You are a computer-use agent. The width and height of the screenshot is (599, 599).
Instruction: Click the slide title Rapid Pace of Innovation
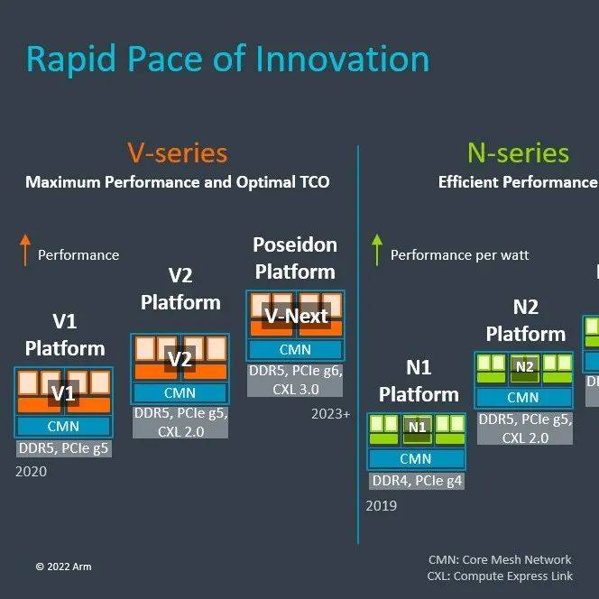coord(227,59)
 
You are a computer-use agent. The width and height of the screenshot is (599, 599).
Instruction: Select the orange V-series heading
coord(177,152)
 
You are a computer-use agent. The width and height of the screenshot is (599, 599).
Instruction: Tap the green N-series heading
coord(518,152)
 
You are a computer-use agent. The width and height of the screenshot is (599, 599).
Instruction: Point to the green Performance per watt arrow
coord(377,250)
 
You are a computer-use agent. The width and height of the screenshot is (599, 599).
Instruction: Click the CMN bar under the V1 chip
coord(63,426)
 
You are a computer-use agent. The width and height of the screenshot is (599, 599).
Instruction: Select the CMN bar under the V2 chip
coord(180,392)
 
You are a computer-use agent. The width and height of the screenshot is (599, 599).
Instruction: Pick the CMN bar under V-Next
coord(295,350)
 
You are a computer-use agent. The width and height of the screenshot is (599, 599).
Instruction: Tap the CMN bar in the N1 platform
coord(416,459)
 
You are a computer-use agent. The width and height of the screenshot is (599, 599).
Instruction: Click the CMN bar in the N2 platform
coord(522,397)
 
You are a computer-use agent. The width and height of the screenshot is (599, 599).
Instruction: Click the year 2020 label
coord(31,471)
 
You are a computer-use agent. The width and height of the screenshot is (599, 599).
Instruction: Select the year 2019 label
coord(381,506)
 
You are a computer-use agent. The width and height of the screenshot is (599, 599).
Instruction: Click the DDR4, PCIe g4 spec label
coord(416,481)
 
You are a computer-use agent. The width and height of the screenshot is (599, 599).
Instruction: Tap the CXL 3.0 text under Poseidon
coord(295,388)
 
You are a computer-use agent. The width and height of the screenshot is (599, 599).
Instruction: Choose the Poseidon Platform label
coord(295,258)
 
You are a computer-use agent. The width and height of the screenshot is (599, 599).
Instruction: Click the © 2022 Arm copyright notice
coord(63,567)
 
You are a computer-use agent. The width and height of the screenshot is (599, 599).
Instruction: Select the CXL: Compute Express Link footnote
coord(500,576)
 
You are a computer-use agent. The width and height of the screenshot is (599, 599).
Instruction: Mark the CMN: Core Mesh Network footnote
coord(500,559)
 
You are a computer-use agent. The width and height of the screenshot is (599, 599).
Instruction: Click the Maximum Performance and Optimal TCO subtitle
coord(177,182)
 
